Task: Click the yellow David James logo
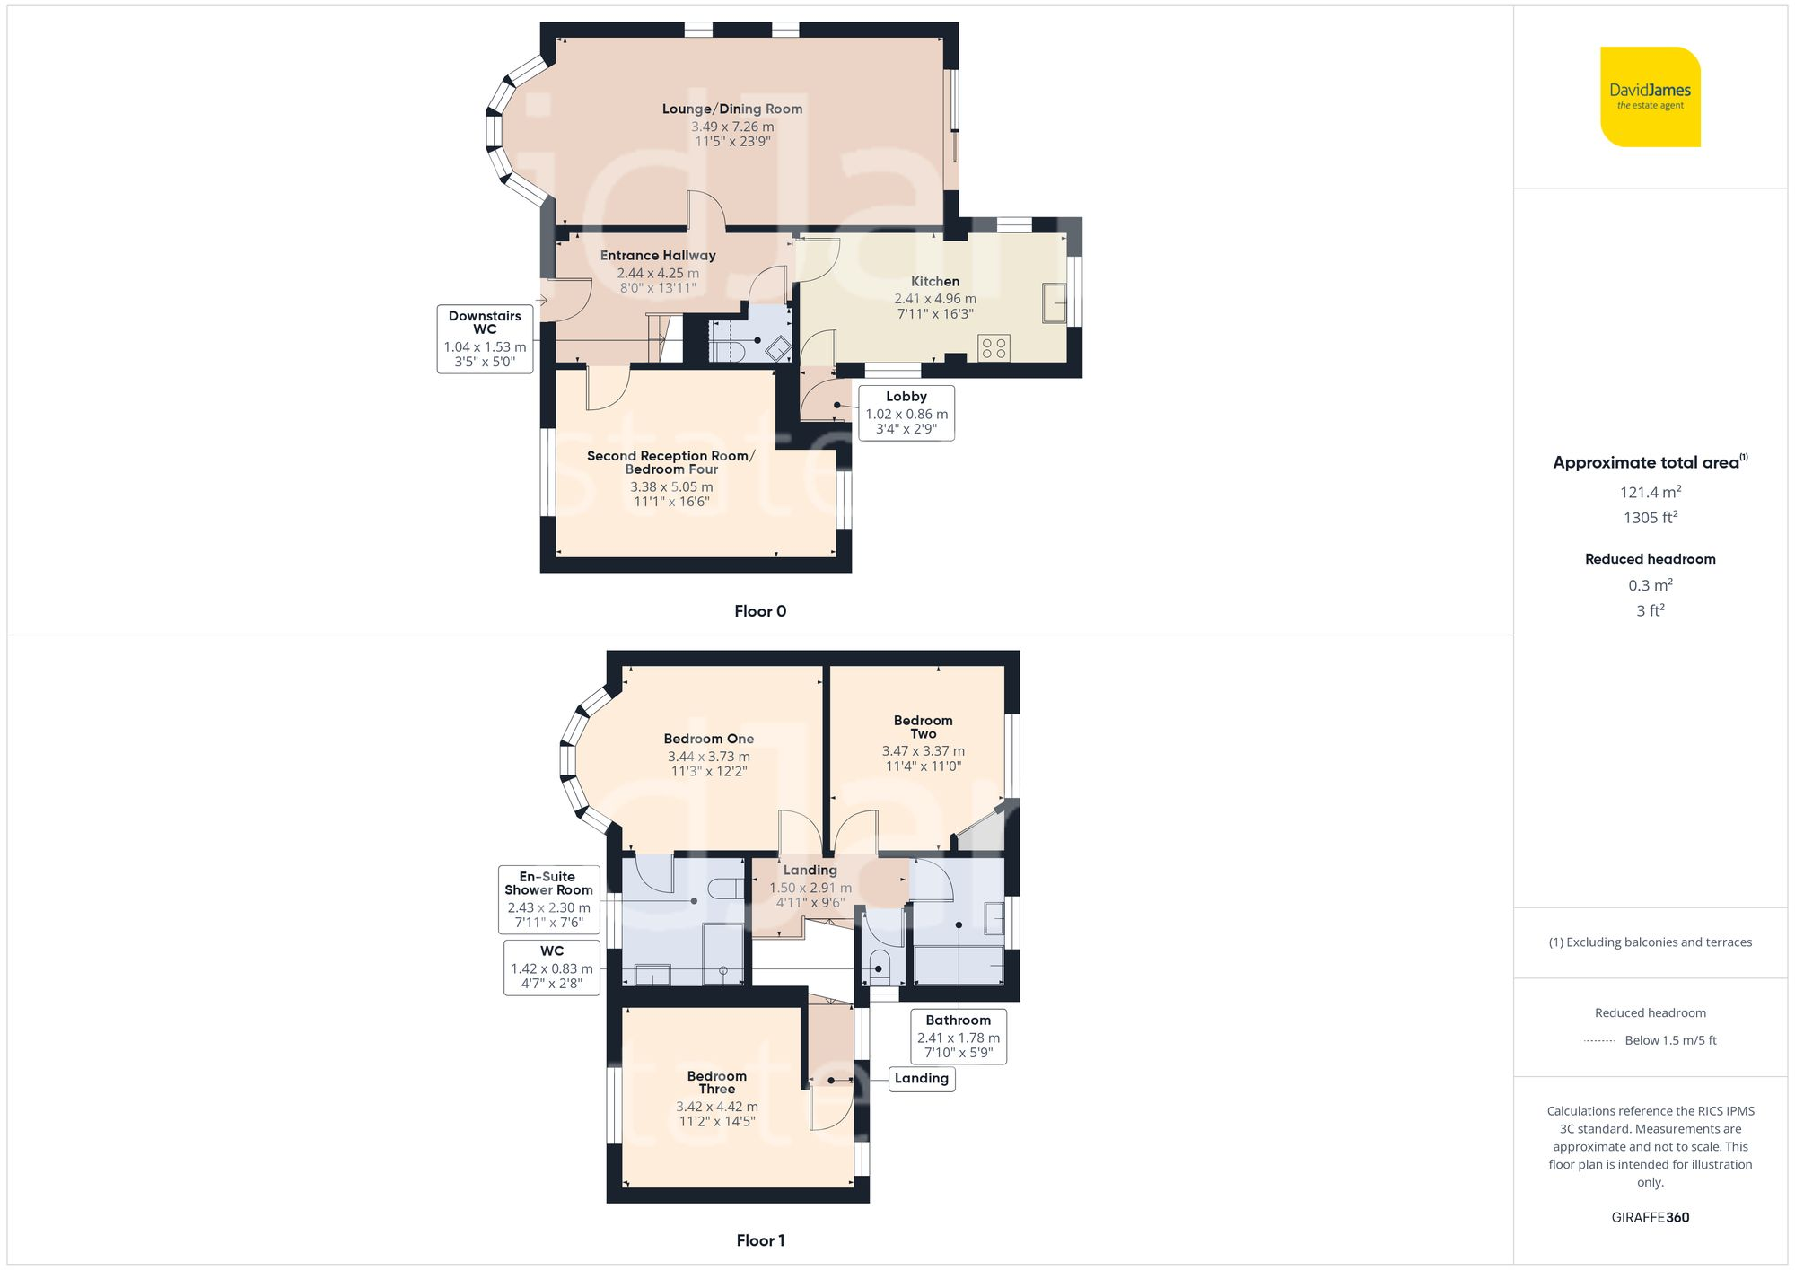1650,97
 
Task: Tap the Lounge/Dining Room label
732,109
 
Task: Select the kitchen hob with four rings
994,348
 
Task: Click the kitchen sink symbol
1055,302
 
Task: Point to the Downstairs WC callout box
485,338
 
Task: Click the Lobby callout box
906,413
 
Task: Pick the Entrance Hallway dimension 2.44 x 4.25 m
658,273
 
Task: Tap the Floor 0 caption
759,611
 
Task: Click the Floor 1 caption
759,1240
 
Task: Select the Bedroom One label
708,739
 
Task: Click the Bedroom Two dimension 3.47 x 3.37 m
923,751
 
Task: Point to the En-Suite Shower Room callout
548,898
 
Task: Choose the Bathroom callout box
958,1037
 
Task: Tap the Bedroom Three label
716,1082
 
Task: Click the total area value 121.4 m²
1650,492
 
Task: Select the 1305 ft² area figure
1650,518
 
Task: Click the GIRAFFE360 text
1650,1218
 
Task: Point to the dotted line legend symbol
1599,1041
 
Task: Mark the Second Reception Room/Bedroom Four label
670,462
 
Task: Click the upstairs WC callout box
551,968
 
